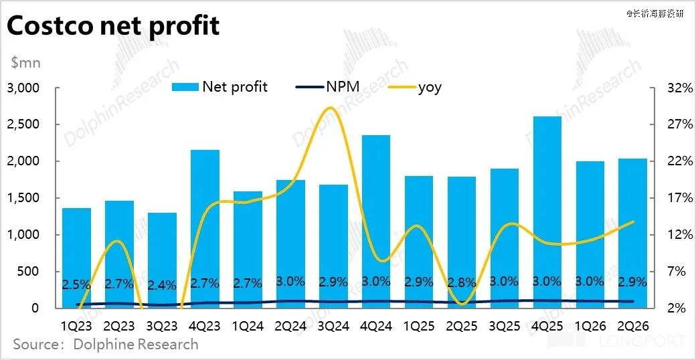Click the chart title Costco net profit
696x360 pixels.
tap(112, 27)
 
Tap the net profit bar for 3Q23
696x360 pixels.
tap(162, 260)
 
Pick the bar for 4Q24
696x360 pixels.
tap(376, 221)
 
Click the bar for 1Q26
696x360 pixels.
tap(590, 234)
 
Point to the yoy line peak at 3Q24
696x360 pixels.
tap(333, 108)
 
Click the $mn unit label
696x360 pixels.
tap(26, 63)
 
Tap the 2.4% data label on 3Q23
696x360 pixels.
tap(162, 285)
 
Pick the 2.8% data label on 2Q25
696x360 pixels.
tap(462, 282)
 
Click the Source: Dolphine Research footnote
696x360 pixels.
tap(106, 345)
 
